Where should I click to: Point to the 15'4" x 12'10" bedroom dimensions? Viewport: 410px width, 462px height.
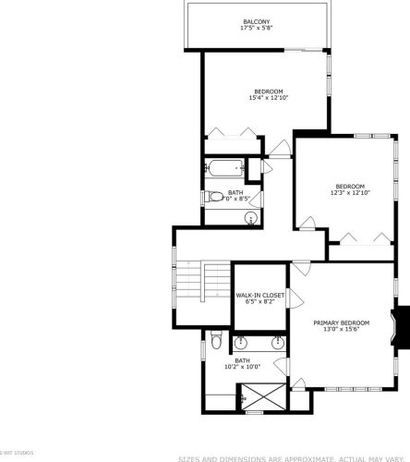pyautogui.click(x=270, y=99)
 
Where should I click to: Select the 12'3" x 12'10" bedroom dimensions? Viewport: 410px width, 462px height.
pyautogui.click(x=350, y=192)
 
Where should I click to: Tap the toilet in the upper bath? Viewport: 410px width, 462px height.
pyautogui.click(x=212, y=196)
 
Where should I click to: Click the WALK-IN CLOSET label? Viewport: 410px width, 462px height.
pyautogui.click(x=259, y=295)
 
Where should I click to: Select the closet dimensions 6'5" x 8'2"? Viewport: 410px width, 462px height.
pyautogui.click(x=259, y=302)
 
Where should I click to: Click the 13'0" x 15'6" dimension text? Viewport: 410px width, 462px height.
pyautogui.click(x=341, y=329)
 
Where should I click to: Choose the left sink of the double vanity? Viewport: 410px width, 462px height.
pyautogui.click(x=226, y=343)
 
